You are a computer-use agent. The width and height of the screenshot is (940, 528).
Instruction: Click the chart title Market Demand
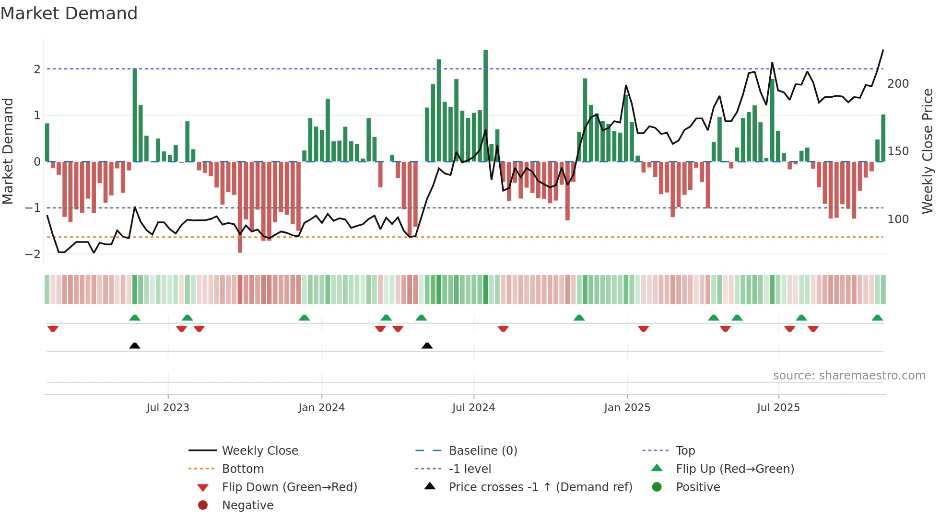[x=69, y=13]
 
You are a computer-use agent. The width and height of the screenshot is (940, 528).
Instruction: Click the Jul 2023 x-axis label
[x=168, y=408]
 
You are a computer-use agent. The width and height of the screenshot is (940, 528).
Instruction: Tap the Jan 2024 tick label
[x=321, y=408]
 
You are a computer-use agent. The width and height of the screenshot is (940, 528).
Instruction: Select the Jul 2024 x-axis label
[x=473, y=408]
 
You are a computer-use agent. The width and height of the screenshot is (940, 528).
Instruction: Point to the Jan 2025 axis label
[x=627, y=408]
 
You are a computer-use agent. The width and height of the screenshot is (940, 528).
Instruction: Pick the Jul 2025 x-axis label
[x=778, y=408]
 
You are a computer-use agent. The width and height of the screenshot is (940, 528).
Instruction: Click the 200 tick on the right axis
[x=898, y=84]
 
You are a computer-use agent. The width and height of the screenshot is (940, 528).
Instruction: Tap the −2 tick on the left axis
[x=33, y=254]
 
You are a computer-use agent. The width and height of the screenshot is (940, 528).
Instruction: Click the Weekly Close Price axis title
[x=928, y=151]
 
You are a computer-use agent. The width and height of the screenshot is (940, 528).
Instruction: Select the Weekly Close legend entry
[x=259, y=451]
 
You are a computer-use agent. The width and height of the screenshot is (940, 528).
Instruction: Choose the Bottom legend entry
[x=243, y=469]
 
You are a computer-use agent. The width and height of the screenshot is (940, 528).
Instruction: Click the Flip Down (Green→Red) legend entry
[x=289, y=487]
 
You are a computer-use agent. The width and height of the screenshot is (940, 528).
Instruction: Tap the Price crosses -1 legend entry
[x=540, y=487]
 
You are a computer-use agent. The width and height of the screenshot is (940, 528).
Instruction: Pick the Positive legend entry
[x=698, y=487]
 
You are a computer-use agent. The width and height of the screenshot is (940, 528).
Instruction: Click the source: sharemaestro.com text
[x=849, y=376]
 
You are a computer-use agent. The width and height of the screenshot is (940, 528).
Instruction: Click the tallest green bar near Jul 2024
[x=485, y=105]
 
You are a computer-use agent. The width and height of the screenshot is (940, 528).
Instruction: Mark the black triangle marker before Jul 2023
[x=135, y=346]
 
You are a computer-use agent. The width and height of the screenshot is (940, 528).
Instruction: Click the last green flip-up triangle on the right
[x=877, y=318]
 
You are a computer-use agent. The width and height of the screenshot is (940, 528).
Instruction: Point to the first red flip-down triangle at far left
[x=53, y=329]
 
